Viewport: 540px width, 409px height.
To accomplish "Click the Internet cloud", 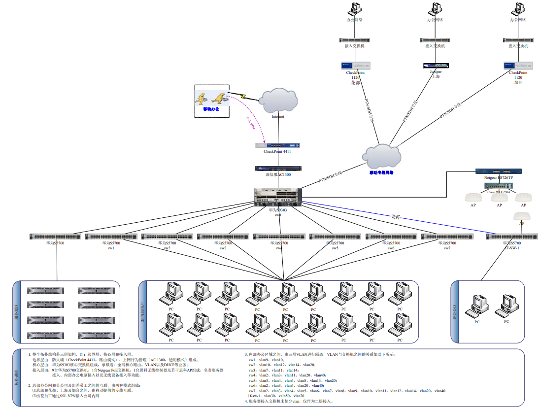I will pos(279,101).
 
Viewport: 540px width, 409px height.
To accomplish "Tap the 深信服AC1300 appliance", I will pos(278,169).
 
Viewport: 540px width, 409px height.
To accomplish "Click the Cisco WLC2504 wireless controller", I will pos(498,186).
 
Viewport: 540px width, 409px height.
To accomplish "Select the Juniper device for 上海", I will pos(436,66).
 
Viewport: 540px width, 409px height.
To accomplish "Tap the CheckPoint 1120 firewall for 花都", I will pos(355,66).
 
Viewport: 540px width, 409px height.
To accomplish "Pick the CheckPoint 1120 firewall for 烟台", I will pos(518,66).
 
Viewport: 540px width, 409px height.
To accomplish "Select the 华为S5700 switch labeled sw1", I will pos(111,237).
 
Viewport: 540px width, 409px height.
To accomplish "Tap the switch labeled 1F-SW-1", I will pos(511,237).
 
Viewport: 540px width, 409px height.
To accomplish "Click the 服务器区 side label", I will pos(17,312).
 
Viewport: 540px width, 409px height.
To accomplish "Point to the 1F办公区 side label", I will pos(455,312).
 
